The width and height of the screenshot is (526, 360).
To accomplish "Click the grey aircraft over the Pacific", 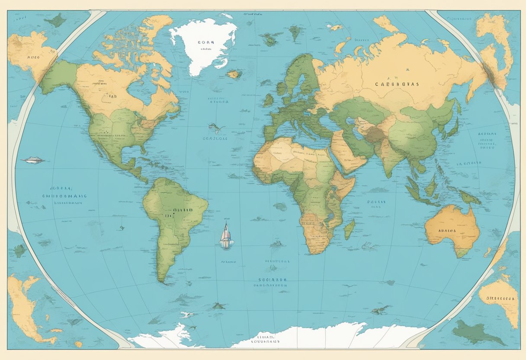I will pos(32,161).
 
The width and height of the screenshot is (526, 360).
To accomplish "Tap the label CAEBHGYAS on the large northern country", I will pos(397,85).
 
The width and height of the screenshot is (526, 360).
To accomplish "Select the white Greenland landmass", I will pos(203,43).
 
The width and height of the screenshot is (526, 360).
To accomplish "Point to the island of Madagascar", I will pos(349,229).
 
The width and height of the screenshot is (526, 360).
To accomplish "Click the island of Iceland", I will pos(234,74).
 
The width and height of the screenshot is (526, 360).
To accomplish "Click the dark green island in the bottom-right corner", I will pos(476,333).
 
